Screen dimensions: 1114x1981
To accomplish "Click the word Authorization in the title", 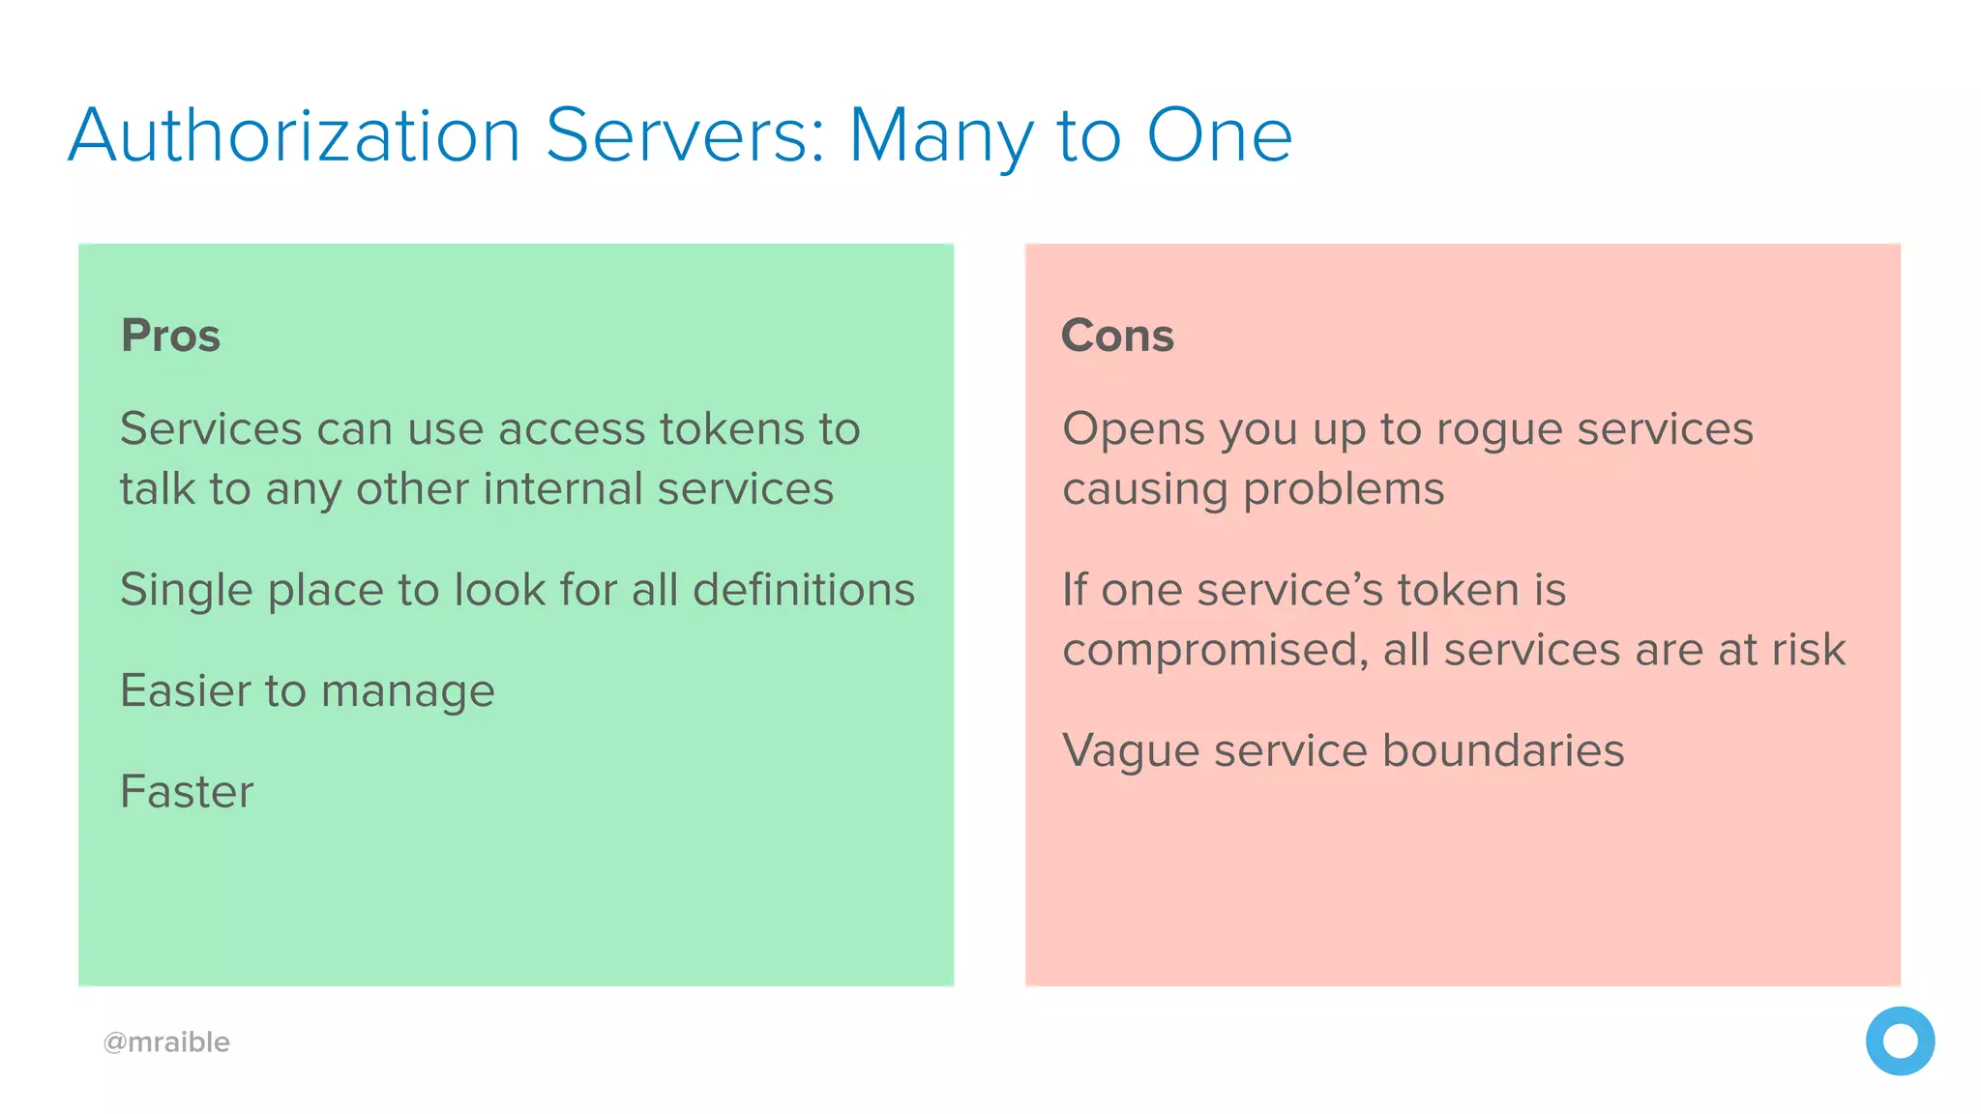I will pos(295,135).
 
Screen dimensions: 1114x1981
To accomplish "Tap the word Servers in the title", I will pos(686,135).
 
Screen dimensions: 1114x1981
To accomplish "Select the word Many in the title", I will pos(940,137).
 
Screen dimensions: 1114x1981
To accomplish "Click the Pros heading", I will pos(170,336).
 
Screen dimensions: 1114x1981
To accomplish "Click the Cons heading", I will pos(1117,336).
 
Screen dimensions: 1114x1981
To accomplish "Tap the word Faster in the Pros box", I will pos(187,791).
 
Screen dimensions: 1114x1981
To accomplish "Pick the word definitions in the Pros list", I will pos(804,589).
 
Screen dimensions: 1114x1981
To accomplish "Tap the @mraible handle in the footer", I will pos(166,1041).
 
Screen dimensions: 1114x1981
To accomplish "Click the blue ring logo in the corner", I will pos(1900,1041).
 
